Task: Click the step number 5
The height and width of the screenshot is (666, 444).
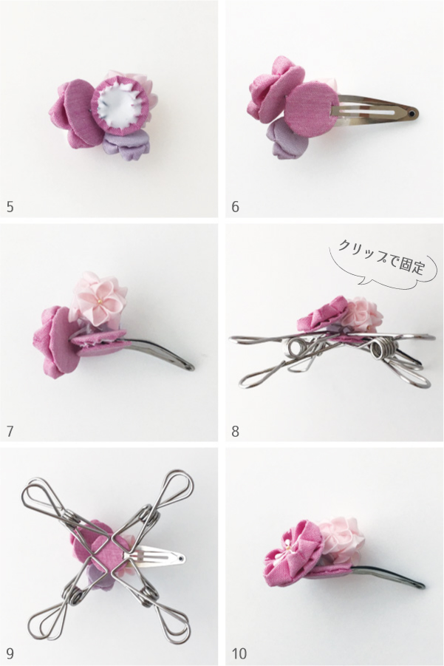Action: click(10, 206)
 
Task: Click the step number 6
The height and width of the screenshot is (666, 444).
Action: click(236, 206)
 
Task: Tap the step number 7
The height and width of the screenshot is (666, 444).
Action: click(10, 429)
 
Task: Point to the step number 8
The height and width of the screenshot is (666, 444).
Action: click(236, 429)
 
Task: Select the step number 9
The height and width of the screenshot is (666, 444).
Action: click(10, 653)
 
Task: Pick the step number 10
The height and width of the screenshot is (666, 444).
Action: click(239, 653)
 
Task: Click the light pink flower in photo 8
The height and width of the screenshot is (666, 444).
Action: click(362, 315)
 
